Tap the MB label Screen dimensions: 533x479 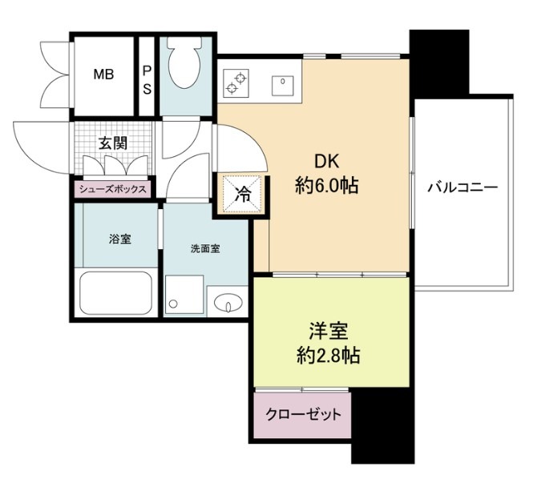(103, 74)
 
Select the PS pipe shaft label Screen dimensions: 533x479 (147, 80)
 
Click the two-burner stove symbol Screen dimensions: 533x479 (236, 82)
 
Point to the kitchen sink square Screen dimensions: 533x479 (282, 86)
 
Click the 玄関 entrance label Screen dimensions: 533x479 (113, 143)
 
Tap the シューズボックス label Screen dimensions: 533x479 (112, 189)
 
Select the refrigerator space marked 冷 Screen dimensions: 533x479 (241, 195)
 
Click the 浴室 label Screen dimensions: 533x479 (119, 239)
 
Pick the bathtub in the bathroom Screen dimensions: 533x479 (115, 293)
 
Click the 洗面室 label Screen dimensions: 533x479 (205, 248)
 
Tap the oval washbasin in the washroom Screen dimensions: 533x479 (228, 302)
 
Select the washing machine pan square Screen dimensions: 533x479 (184, 295)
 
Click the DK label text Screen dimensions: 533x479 (327, 162)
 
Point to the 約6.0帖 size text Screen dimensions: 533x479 (327, 186)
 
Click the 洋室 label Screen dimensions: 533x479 (329, 332)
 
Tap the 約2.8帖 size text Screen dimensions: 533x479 (329, 356)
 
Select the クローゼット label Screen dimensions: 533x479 (303, 414)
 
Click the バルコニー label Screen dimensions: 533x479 (462, 187)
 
